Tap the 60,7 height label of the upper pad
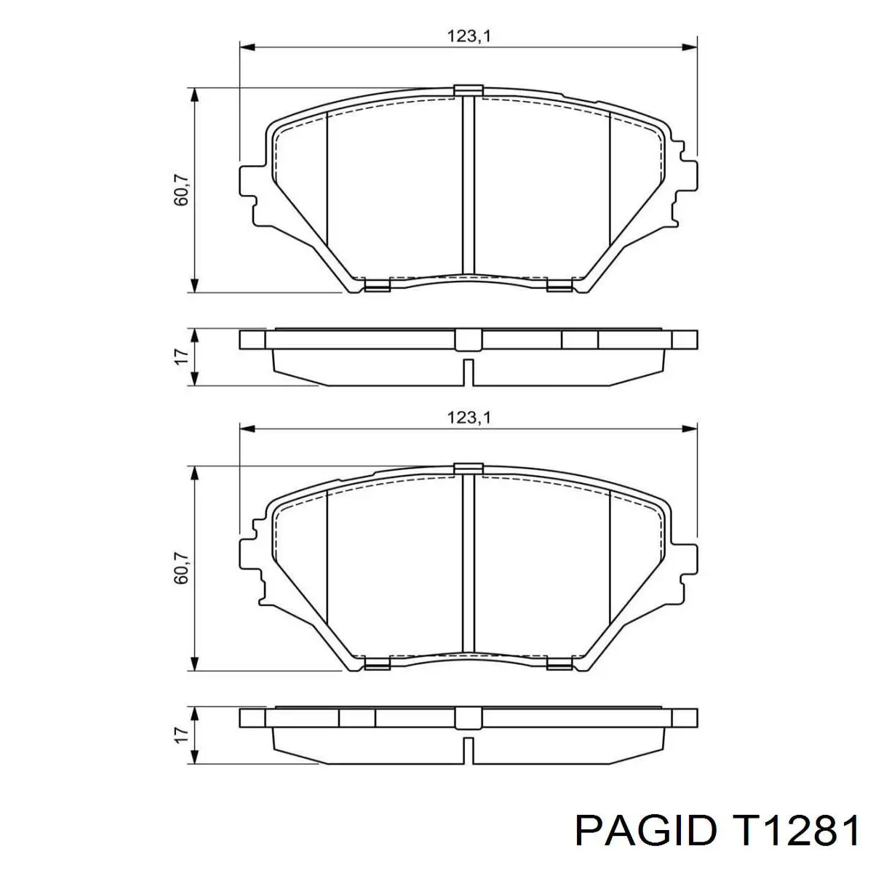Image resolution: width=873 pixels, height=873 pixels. tap(181, 191)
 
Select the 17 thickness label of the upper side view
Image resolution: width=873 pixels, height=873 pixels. tap(182, 356)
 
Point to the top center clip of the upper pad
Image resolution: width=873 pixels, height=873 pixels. tap(469, 89)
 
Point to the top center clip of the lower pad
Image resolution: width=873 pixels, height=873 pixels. tap(469, 467)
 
